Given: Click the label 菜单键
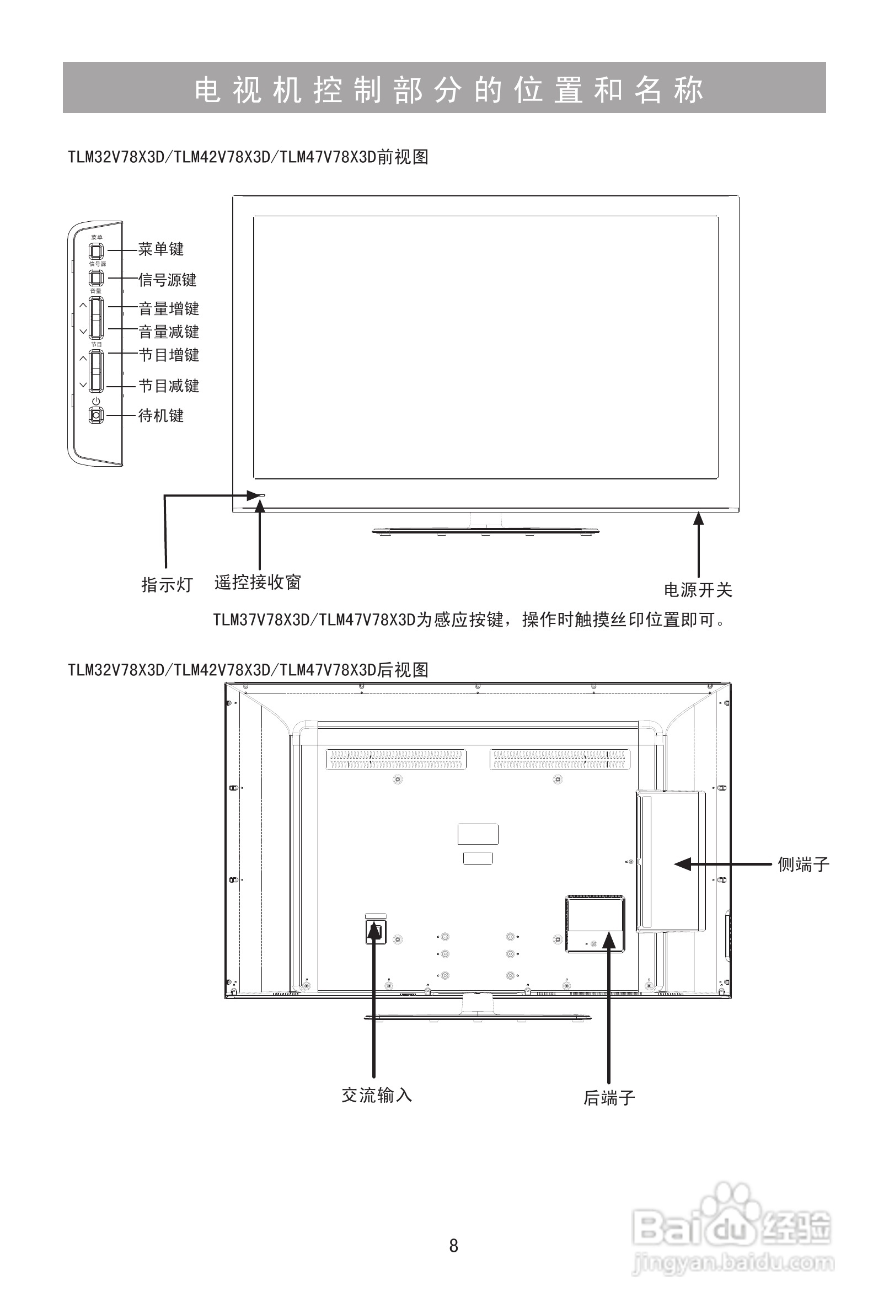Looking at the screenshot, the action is (161, 249).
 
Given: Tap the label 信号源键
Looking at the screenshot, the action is (168, 280).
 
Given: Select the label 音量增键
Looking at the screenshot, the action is (169, 308).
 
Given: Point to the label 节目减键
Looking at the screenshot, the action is (169, 386).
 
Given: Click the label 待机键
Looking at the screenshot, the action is (161, 416).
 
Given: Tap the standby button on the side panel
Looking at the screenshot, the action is (97, 416).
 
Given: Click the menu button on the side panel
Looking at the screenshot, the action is (97, 250).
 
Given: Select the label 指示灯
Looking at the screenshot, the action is (167, 585).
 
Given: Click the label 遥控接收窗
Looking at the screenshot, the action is (258, 583).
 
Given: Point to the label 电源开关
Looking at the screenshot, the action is (698, 590).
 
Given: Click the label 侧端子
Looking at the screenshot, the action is (803, 864).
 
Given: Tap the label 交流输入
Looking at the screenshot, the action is (377, 1096).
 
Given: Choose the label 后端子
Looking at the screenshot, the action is (609, 1098).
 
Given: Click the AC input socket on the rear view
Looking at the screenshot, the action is (376, 931).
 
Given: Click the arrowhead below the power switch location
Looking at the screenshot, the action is (699, 518).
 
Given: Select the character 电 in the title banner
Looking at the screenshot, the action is (208, 89).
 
